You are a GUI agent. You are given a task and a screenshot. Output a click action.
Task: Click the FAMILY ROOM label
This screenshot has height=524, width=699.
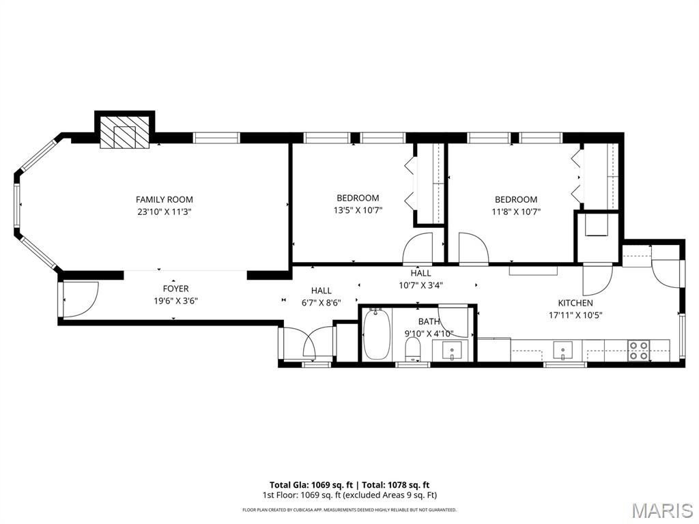164,199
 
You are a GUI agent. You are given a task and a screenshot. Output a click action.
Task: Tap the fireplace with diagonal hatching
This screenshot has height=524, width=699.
124,132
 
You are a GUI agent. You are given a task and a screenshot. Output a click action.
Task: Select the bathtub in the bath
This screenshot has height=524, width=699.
376,334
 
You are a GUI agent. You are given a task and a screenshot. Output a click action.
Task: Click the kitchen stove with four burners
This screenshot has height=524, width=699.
639,351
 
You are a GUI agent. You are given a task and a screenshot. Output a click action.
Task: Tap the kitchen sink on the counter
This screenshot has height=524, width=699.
563,351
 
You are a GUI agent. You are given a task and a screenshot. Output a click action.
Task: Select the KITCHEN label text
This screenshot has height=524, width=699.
575,303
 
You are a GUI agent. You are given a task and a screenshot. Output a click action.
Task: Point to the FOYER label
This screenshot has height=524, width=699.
175,289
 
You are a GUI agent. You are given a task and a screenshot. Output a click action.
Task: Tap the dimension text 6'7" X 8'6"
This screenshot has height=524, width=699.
321,302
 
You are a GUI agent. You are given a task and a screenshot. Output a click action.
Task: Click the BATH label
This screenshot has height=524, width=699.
429,321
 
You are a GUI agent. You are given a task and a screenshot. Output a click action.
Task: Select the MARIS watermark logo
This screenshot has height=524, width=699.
662,510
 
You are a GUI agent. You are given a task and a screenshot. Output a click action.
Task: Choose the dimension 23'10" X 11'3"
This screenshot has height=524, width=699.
164,212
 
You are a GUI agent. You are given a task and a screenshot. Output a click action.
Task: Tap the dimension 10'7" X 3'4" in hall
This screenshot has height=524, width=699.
420,285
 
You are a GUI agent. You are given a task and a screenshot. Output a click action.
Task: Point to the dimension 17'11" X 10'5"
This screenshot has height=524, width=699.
575,315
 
